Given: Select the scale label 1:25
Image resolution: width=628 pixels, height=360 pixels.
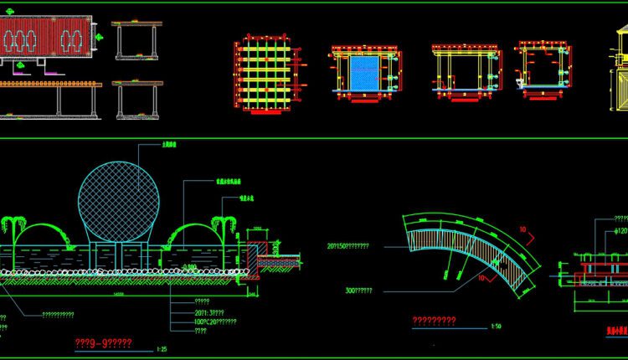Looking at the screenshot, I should pos(161,348).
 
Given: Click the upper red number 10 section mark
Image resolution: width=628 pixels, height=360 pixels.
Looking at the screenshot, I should pos(523,229).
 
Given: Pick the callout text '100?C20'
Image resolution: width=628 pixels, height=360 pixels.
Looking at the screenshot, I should pos(214,321).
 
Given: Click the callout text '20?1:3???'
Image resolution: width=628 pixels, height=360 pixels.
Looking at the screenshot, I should pos(210,311).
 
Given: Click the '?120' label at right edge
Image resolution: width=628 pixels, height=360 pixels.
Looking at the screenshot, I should pos(620,229).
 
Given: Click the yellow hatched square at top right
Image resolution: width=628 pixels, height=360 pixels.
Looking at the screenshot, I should pos(620,89).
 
